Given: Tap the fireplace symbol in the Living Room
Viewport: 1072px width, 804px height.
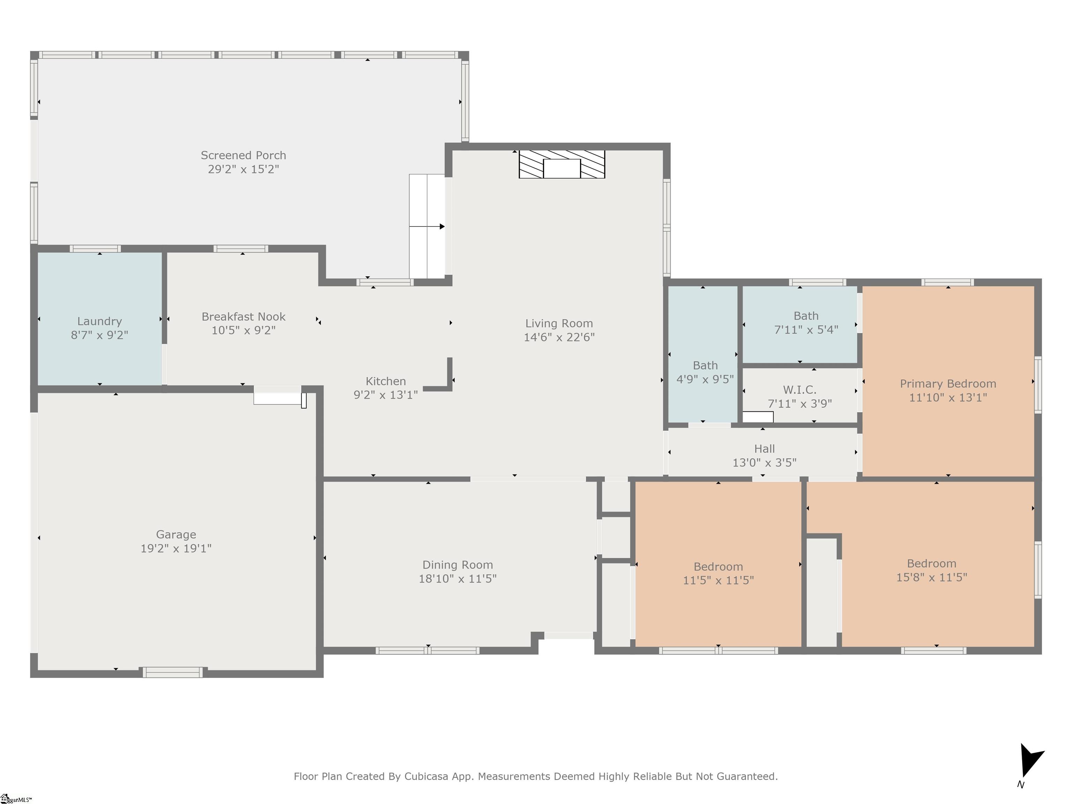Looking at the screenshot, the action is point(562,164).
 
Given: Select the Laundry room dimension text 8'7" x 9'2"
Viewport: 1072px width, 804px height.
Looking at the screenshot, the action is point(99,335).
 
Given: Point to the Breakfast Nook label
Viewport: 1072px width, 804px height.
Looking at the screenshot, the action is point(243,317).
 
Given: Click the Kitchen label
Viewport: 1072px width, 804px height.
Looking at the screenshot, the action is point(386,381).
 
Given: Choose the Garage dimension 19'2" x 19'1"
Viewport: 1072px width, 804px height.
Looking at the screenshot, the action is point(176,548).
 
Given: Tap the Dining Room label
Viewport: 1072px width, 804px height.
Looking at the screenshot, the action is point(457,565).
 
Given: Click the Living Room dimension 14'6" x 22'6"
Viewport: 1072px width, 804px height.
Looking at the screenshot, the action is point(559,337).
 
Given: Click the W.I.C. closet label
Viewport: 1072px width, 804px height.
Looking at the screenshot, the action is point(800,390).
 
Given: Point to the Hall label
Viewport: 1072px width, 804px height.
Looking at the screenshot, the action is point(764,449).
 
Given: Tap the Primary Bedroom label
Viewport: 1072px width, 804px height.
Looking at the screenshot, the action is point(948,384).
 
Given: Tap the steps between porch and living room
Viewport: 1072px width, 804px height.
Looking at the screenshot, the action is point(427,226).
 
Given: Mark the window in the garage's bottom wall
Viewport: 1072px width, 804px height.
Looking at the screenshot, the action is point(172,672).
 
